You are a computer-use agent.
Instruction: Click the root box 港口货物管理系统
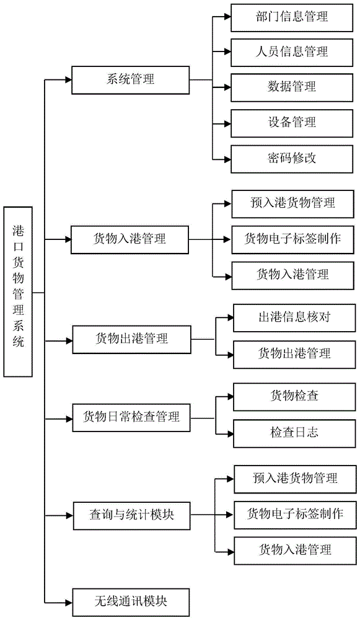click(x=18, y=291)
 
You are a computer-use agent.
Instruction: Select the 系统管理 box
click(x=130, y=80)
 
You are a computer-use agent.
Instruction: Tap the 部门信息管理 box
click(x=292, y=18)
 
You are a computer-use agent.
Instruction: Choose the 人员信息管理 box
click(x=292, y=53)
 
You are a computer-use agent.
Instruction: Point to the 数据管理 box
click(x=292, y=88)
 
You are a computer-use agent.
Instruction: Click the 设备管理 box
click(x=292, y=123)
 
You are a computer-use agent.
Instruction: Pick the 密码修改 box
click(x=292, y=159)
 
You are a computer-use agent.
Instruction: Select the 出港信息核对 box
click(x=294, y=318)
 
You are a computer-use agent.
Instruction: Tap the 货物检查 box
click(x=294, y=397)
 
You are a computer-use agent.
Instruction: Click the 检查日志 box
click(x=294, y=434)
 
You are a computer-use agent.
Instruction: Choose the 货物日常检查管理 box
click(x=131, y=417)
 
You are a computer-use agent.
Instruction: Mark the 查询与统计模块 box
click(x=131, y=516)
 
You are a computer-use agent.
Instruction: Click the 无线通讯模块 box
click(x=131, y=602)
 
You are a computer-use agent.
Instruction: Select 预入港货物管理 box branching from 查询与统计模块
click(x=295, y=479)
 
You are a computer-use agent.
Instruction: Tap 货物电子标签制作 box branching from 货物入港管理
click(x=293, y=239)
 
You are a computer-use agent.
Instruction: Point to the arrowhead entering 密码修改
click(x=227, y=159)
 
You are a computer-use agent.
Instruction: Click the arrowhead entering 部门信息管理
click(x=227, y=17)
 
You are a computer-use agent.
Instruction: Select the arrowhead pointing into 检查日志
click(x=230, y=434)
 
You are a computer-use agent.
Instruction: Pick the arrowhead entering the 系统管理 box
click(x=68, y=80)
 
